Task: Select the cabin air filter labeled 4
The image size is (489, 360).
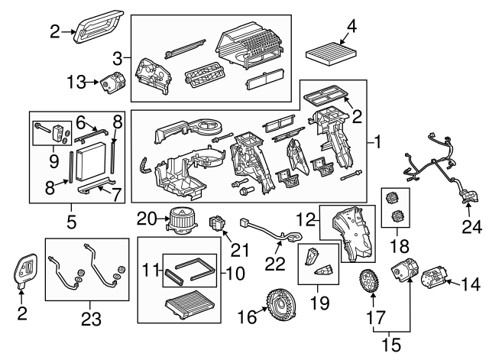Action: click(332, 54)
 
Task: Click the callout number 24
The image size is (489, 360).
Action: click(471, 227)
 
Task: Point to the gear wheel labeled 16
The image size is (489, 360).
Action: click(280, 305)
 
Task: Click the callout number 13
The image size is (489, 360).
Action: click(76, 83)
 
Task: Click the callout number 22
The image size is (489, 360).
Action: click(275, 263)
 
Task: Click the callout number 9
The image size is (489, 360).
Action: click(53, 161)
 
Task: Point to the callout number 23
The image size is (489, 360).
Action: click(91, 319)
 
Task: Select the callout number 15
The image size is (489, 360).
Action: click(391, 345)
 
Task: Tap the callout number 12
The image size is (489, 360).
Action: click(306, 219)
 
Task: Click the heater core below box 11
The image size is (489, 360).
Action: click(189, 305)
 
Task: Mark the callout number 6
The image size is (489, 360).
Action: click(80, 123)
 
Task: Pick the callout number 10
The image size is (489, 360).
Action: click(235, 274)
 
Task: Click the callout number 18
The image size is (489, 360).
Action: click(400, 246)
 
